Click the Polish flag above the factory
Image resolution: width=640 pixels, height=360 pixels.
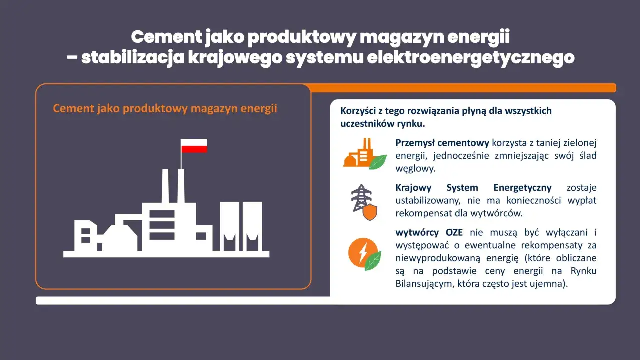194,146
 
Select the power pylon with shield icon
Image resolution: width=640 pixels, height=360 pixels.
364,202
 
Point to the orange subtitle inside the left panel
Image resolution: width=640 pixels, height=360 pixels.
165,109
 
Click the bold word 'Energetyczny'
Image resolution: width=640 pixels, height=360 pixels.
522,188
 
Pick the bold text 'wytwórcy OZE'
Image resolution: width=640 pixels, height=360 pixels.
429,233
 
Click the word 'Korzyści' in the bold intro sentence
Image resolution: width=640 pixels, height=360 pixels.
358,111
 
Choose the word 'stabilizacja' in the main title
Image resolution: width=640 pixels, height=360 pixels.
132,58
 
